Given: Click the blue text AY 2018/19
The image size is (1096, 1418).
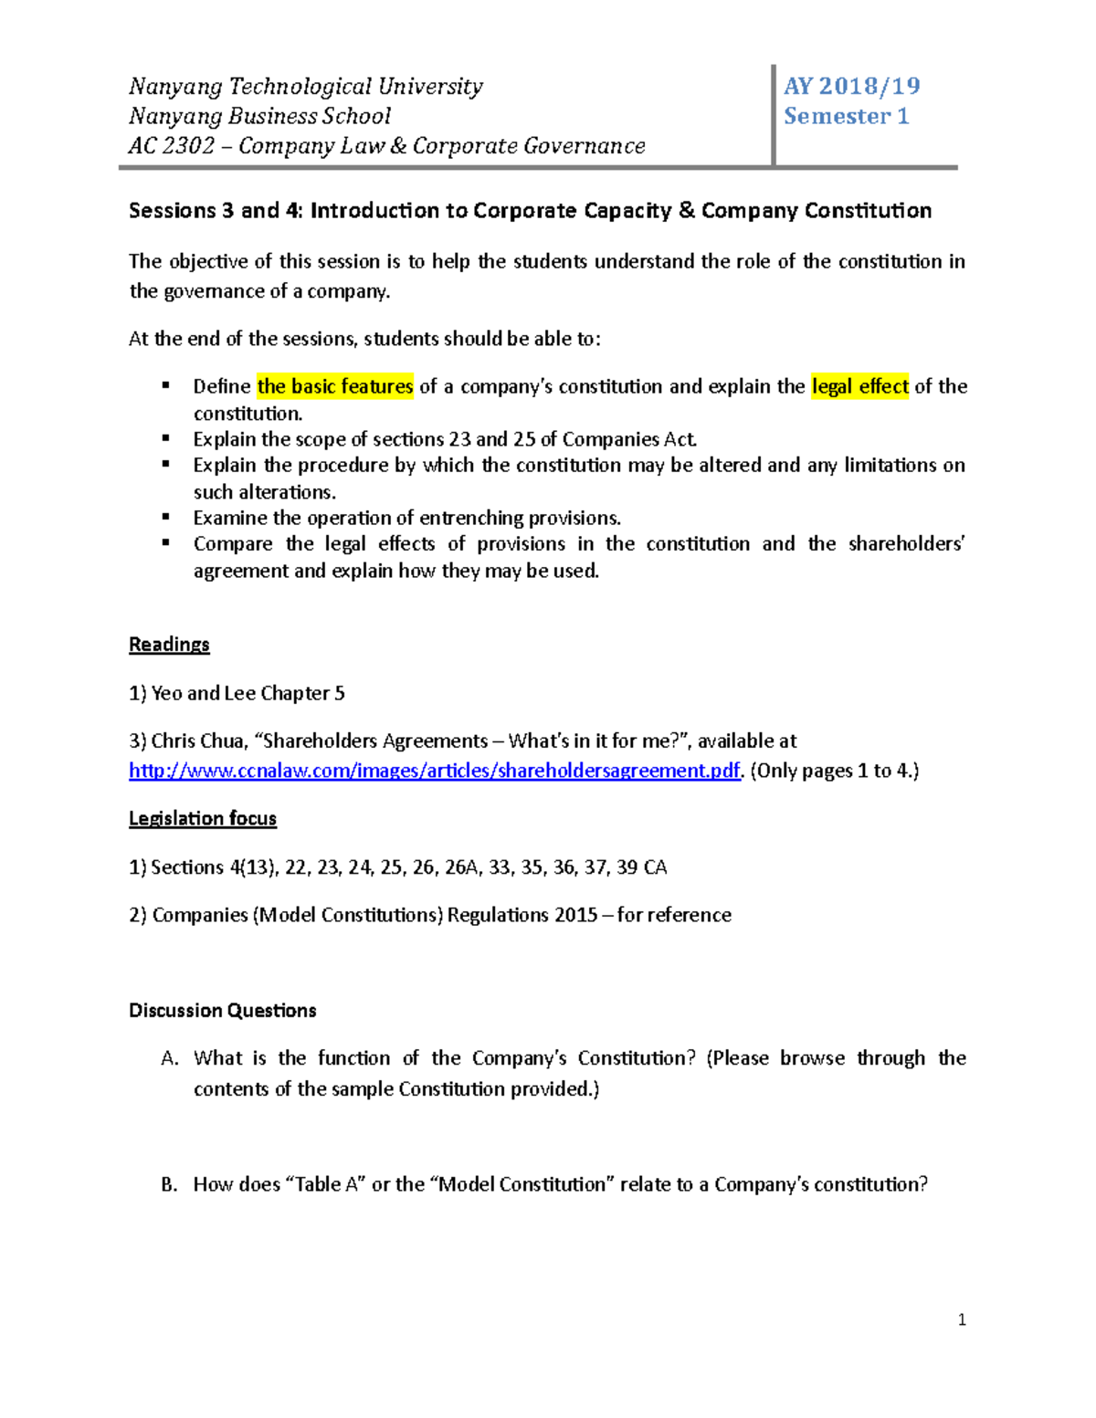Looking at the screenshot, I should [x=851, y=86].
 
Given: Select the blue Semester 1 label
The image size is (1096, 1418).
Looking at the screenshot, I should [x=846, y=116].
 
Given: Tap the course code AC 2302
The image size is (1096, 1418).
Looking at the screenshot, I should [x=172, y=146].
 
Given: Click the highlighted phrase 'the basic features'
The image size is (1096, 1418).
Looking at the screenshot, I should [x=335, y=386].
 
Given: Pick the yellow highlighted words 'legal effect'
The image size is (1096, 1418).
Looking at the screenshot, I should [x=859, y=386].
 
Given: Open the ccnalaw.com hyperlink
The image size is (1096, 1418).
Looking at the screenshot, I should [x=434, y=771].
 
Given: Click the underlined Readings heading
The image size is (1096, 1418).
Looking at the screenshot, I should [x=169, y=645].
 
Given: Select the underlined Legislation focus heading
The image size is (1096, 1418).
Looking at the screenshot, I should [x=203, y=818].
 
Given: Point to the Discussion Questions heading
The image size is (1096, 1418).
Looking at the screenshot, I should [x=222, y=1010].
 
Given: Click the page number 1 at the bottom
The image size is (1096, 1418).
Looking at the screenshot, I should [x=962, y=1319].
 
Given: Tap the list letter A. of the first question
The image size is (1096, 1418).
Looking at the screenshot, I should [x=169, y=1058].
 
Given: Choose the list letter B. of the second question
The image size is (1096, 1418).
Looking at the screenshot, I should [x=169, y=1184].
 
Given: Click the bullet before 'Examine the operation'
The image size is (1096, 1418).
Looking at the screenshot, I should [x=166, y=517].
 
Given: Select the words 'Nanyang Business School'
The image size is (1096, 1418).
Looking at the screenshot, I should [x=259, y=116].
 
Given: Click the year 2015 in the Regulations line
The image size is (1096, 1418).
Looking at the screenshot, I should [x=575, y=915].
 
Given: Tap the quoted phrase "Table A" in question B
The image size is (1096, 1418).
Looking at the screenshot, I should [x=326, y=1184].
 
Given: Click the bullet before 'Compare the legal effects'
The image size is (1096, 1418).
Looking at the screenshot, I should [x=166, y=542].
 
